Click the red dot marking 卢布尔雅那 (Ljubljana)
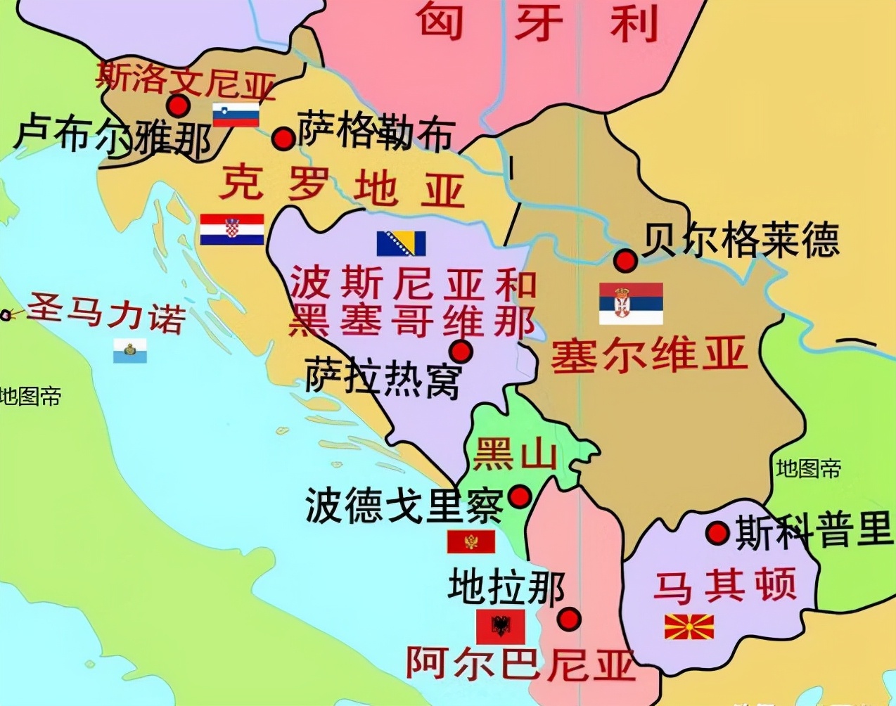coord(179,106)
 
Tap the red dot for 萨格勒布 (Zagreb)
coord(283,138)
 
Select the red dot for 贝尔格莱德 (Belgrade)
coord(625,260)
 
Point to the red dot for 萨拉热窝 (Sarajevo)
coord(461,351)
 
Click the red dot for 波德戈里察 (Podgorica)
coord(519,496)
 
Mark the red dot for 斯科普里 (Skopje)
coord(717,532)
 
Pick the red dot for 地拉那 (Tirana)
coord(569,619)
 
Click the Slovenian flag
coord(236,114)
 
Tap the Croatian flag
coord(232,229)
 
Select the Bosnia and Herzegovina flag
coord(401,243)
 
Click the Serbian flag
coord(631,303)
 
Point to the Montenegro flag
coord(471,541)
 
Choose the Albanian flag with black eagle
coord(501,626)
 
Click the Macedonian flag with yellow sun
coord(689,626)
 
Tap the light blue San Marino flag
coord(130,350)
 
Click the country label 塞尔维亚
coord(648,354)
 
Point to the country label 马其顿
coord(724,586)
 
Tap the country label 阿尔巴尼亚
coord(520,662)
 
